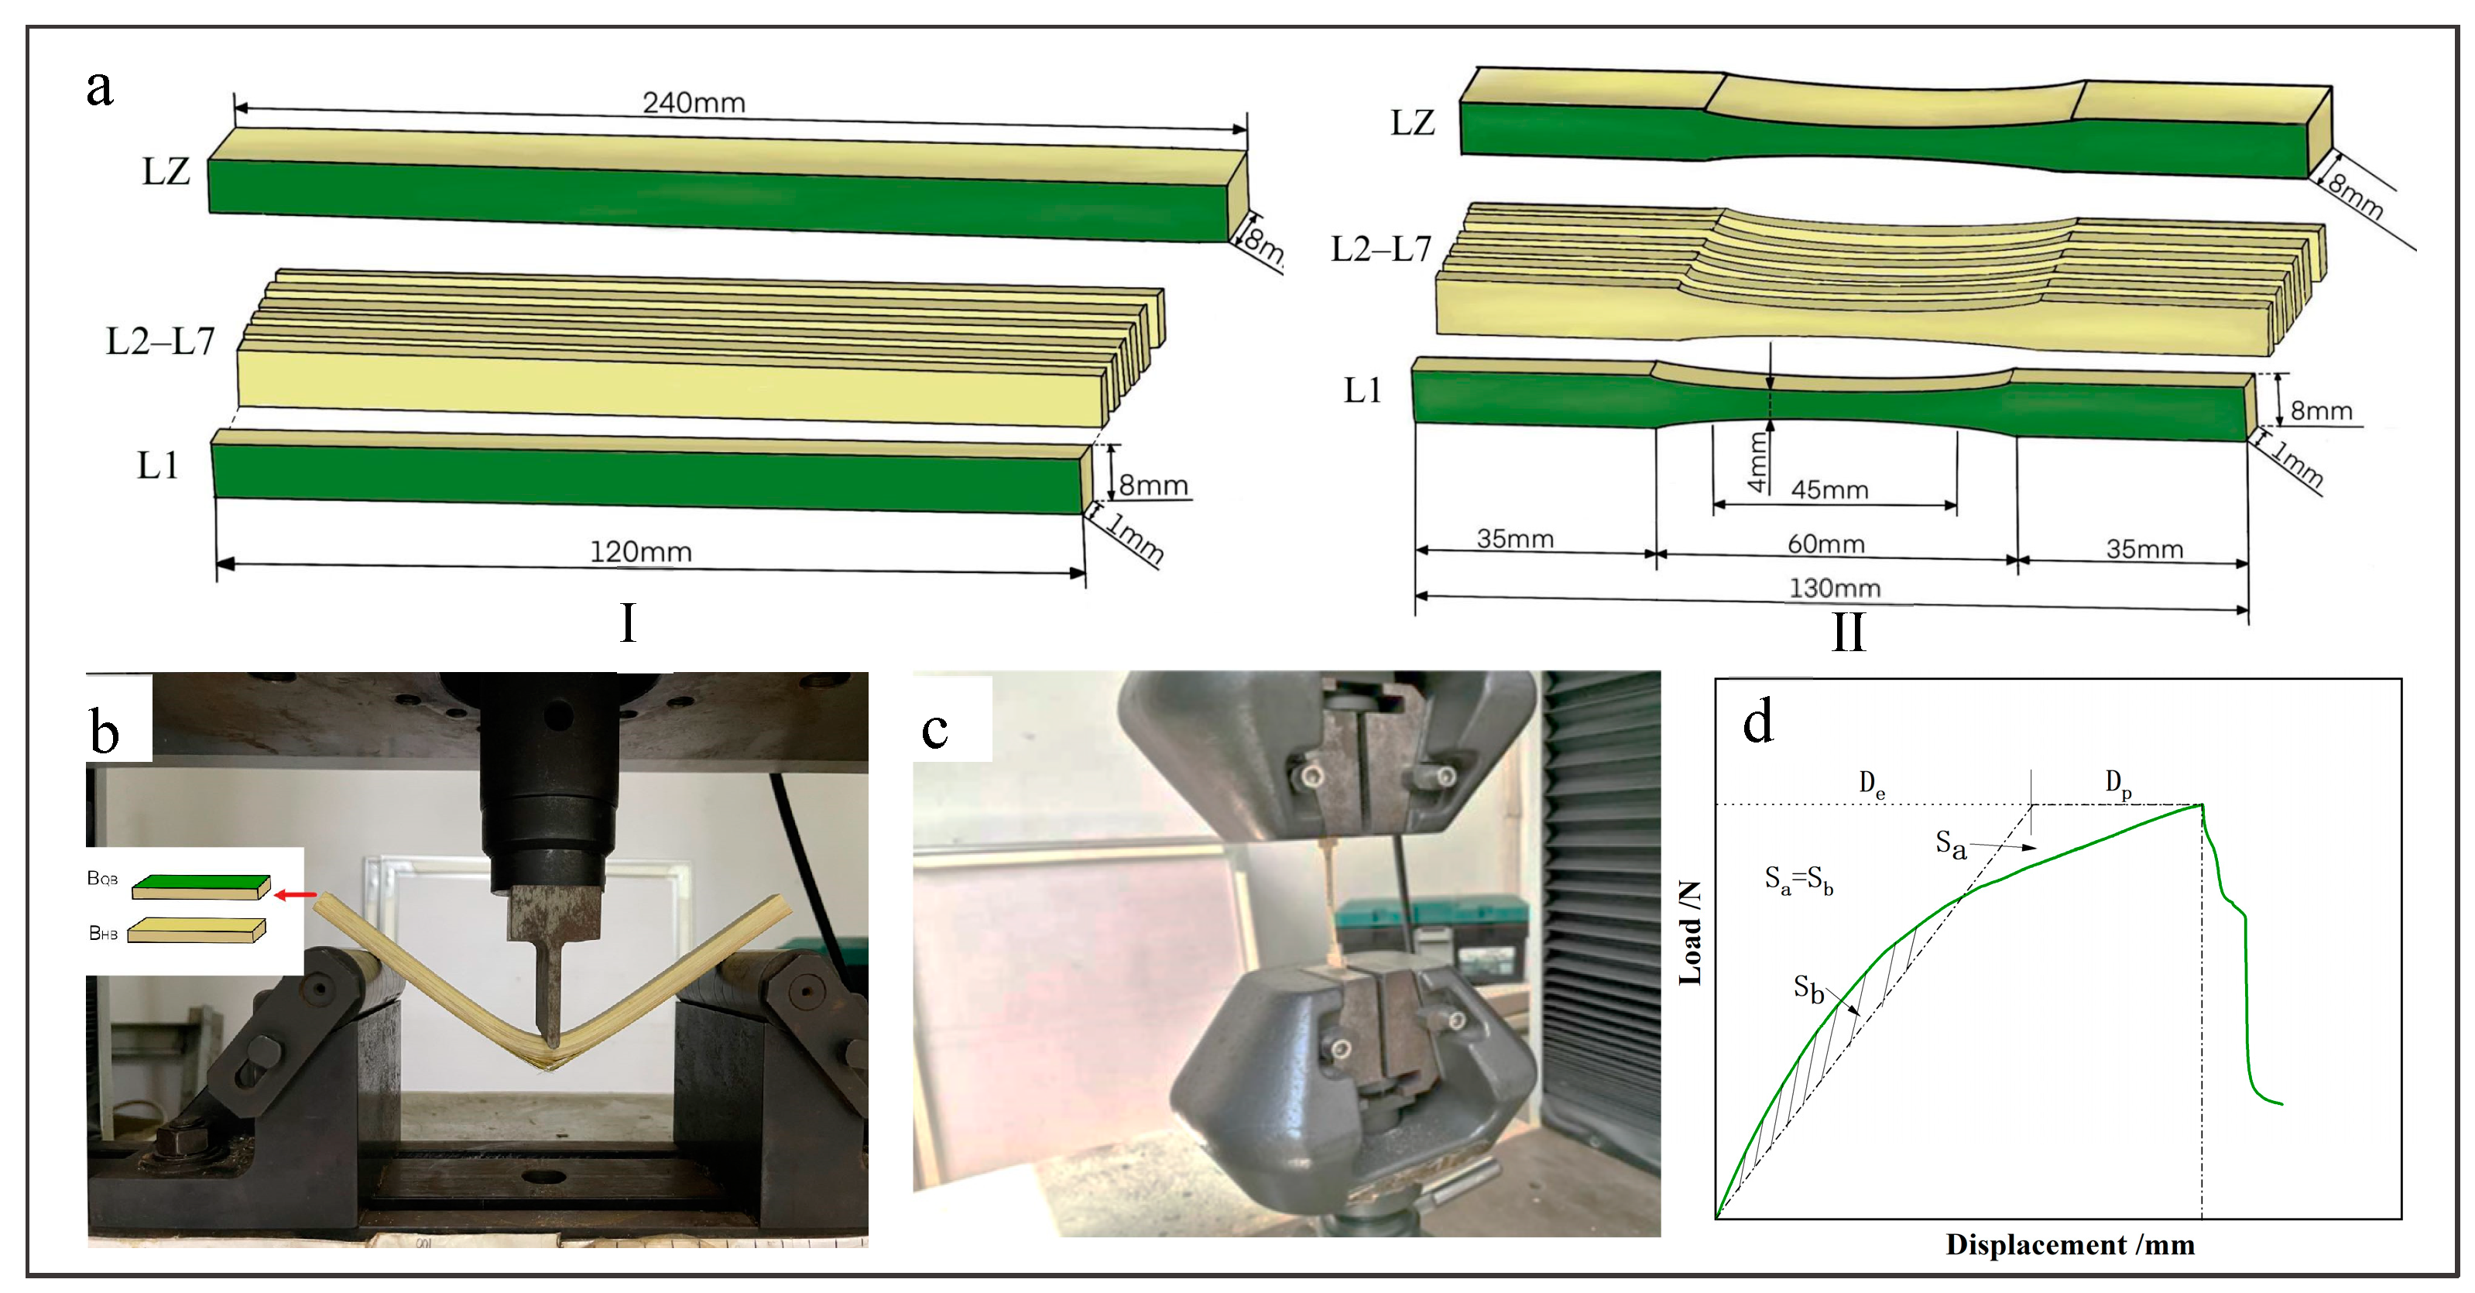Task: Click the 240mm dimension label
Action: coord(693,102)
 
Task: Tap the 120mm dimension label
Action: coord(640,551)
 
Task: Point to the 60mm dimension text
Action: coord(1825,544)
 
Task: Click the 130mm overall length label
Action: coord(1833,587)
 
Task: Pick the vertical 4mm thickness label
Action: coord(1757,462)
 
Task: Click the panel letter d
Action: coord(1757,722)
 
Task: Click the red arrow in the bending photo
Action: coord(296,895)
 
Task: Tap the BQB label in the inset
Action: coord(103,878)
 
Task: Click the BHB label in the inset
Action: coord(103,933)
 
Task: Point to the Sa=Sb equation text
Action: coord(1798,879)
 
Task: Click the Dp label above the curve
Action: coord(2119,784)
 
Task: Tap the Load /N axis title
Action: coord(1690,931)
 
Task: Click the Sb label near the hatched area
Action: coord(1808,989)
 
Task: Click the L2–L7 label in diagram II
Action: coord(1380,250)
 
